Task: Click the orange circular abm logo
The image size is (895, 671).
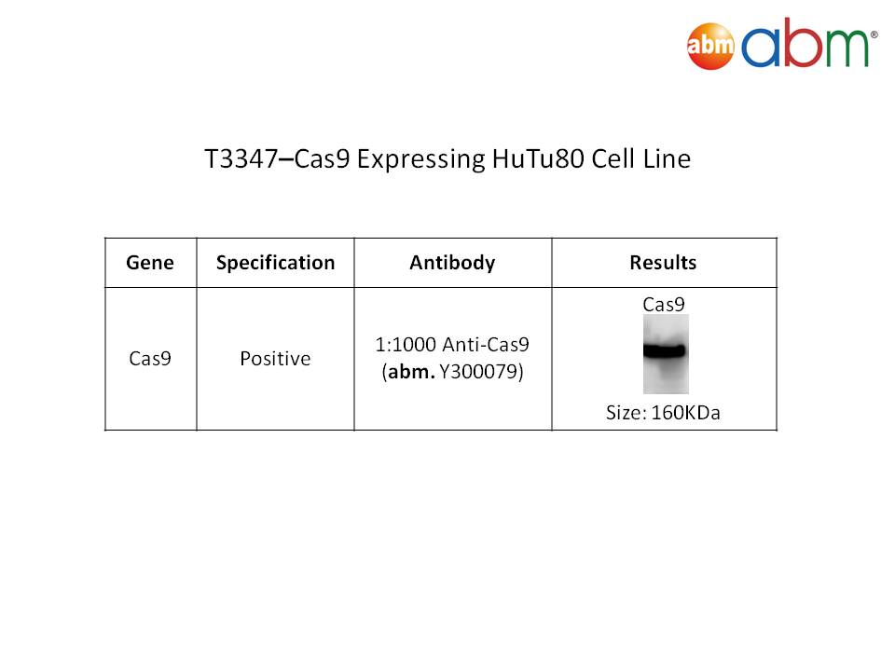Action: click(x=710, y=46)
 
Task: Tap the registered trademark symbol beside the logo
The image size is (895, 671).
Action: click(x=874, y=34)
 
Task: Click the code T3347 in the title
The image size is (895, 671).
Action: click(x=241, y=158)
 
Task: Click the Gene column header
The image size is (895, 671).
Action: click(x=150, y=263)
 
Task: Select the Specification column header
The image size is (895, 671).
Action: click(x=275, y=263)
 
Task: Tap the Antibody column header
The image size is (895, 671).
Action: click(x=453, y=263)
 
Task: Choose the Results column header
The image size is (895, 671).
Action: click(x=663, y=263)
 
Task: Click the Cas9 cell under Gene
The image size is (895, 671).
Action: click(x=150, y=358)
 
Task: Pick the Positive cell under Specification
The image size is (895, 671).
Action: click(x=275, y=358)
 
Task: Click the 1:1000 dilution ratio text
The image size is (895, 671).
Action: click(x=406, y=345)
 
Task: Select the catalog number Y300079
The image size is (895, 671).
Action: click(x=481, y=372)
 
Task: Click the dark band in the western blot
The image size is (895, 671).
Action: click(x=665, y=350)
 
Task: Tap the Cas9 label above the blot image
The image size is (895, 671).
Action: click(x=663, y=305)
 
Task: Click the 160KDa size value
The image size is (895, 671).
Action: click(x=685, y=413)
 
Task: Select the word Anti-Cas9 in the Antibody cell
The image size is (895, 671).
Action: click(x=486, y=345)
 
